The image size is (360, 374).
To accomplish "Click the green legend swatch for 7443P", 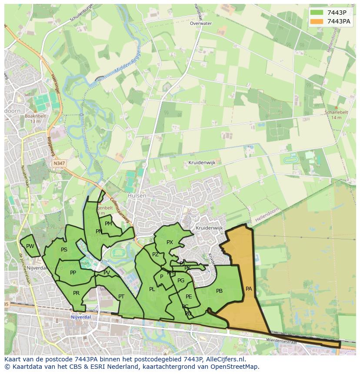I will coord(317,13).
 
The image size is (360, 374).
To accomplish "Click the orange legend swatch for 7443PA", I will coord(317,21).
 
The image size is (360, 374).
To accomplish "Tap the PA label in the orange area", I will coord(249,288).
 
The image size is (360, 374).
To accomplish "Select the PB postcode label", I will coord(219,291).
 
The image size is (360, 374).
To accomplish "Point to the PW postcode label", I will coord(30,246).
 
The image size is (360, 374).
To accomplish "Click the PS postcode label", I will coord(64,250).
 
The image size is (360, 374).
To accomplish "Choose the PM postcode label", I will coord(108,224).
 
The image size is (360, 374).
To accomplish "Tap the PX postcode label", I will coord(170,242).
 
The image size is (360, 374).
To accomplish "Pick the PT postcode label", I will coord(121,297).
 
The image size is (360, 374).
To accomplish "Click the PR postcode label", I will coord(76,293).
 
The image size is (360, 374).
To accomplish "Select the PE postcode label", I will coord(189,297).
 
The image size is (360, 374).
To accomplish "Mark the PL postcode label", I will coord(152,289).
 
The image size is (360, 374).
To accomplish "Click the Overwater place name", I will coord(201,23).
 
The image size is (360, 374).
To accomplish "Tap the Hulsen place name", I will coord(137,196).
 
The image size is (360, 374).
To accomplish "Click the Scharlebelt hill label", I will coord(336,112).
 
